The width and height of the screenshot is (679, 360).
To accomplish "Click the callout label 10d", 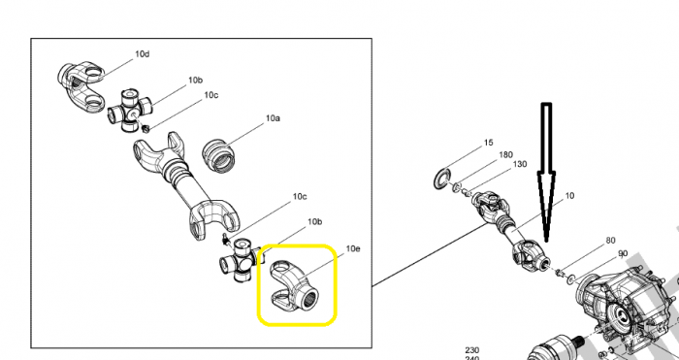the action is point(142,54).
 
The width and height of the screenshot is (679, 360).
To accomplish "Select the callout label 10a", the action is point(273,117).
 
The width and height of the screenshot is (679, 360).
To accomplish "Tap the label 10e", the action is point(353,248).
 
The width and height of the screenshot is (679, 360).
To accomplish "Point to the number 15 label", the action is point(488,143).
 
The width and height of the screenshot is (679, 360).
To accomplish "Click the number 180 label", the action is point(505,154).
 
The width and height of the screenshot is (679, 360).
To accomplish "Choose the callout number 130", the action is point(520,164).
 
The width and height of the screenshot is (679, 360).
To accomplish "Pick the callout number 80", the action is point(610,241).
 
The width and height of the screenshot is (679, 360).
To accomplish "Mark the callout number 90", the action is point(623,253).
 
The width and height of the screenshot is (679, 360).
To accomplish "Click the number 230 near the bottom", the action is point(472,350).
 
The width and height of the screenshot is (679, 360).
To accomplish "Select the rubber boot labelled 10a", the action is point(218,155).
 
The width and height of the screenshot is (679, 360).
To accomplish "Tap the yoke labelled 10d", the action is point(81,88).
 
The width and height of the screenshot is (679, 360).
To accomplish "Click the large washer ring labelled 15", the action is point(442,179).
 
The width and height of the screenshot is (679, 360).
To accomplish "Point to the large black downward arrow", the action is point(546,172).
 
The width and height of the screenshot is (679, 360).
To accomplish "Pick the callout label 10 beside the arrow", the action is point(569,196).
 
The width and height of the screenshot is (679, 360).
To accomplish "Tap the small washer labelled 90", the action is point(571,279).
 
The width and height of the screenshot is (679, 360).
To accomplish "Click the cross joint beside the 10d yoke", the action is point(129,110).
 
